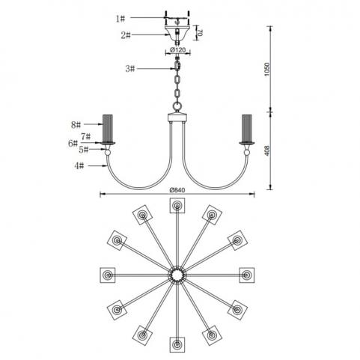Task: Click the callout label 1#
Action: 120,19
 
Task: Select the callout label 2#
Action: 126,35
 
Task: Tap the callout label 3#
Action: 130,69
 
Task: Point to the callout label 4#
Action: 79,165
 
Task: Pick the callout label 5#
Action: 84,150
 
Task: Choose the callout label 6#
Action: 73,144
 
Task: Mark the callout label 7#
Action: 85,136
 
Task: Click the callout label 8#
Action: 76,124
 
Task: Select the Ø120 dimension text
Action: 178,50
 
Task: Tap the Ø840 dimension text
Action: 177,190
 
